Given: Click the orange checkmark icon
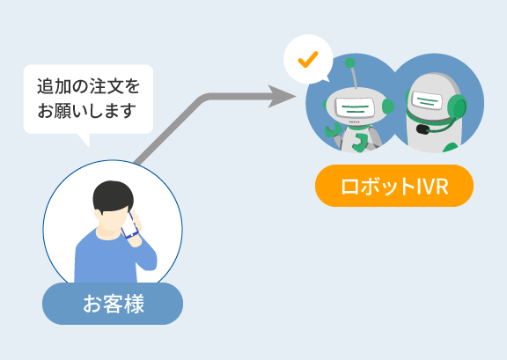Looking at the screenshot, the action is point(308,60).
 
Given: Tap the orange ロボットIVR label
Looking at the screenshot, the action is point(394,186).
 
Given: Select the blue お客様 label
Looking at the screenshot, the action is point(113,304).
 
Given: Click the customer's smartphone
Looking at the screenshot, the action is point(130,225).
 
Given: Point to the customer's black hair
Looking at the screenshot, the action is point(113,196).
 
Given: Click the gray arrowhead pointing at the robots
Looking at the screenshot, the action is point(282,96).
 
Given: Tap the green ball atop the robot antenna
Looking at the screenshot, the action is point(349,63).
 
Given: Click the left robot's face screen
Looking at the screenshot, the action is point(355,107).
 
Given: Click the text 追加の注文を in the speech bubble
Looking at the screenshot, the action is point(88,86).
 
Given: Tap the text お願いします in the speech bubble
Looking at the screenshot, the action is point(86,111).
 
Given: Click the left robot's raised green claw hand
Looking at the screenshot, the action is point(333,129).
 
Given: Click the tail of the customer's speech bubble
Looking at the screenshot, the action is point(84,139).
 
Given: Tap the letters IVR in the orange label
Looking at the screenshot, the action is point(432,187).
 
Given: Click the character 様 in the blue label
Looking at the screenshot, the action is point(134,304).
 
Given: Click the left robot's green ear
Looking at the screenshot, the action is point(388,106).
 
